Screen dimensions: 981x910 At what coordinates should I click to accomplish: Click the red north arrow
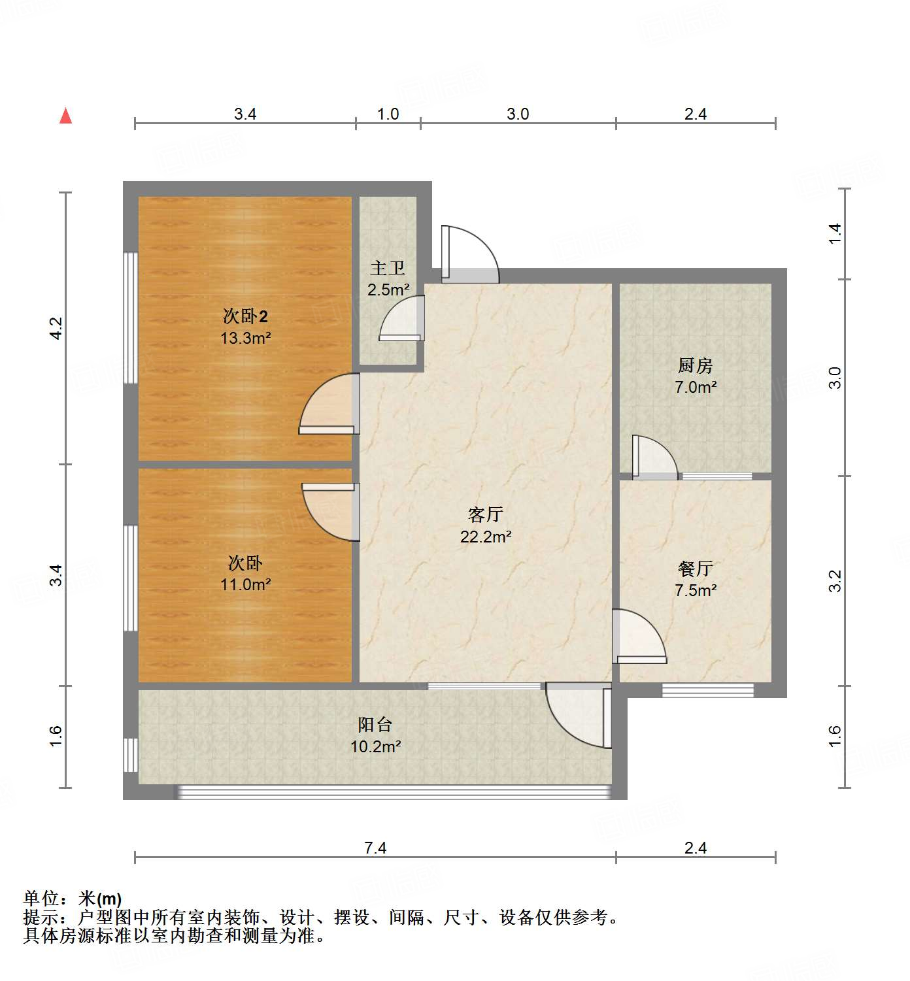pos(65,116)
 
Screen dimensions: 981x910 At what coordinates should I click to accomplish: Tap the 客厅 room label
pos(486,514)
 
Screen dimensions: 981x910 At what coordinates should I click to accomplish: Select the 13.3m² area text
pos(245,338)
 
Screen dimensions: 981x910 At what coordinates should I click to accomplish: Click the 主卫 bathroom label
pos(388,268)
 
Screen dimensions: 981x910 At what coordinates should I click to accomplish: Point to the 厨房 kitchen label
pos(695,365)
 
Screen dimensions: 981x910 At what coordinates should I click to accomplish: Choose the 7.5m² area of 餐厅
pos(696,590)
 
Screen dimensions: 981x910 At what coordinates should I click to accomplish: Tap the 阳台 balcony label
pos(375,724)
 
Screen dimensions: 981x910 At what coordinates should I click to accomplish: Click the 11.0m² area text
pos(245,584)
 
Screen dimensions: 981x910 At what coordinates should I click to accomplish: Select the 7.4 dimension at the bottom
pos(375,848)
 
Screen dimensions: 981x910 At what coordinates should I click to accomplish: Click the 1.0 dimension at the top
pos(388,114)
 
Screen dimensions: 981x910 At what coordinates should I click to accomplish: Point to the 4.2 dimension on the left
pos(56,327)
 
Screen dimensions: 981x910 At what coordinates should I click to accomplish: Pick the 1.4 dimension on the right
pos(835,233)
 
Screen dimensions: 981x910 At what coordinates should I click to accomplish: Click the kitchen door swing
pos(653,457)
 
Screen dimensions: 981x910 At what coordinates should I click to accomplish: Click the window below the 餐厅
pos(708,690)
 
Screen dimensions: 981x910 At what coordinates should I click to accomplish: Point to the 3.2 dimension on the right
pos(835,581)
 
